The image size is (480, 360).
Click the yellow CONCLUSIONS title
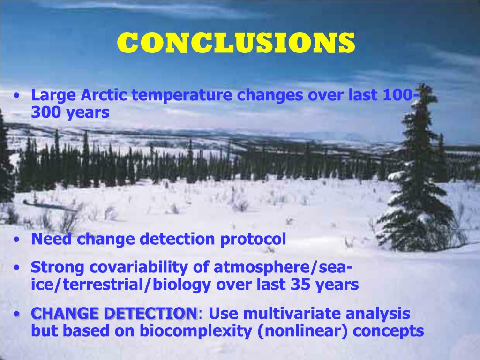coord(236,43)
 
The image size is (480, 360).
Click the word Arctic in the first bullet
coord(104,95)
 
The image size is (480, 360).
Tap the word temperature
coord(182,96)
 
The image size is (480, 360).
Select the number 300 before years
coord(46,112)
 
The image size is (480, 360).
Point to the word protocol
coord(253,239)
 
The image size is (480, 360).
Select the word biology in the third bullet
coord(182,285)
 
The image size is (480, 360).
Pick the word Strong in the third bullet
coord(58,268)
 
